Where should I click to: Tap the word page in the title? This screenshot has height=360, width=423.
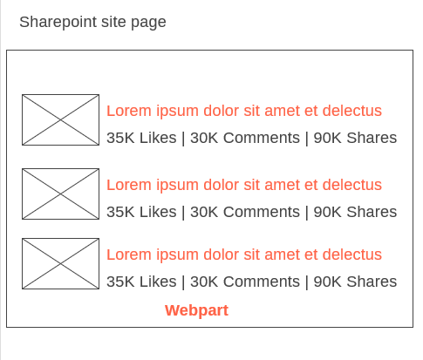(148, 24)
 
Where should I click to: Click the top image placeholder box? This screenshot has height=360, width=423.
(60, 119)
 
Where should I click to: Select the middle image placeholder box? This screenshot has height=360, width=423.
(60, 194)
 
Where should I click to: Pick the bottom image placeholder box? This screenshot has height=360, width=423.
(60, 263)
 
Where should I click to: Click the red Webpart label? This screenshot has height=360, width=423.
(196, 310)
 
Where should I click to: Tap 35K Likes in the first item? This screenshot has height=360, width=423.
(141, 138)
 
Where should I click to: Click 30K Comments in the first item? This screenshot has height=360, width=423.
(245, 138)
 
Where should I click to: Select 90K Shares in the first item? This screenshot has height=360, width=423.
(355, 138)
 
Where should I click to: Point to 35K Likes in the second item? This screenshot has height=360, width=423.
(141, 212)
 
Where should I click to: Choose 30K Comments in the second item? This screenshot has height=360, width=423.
(245, 212)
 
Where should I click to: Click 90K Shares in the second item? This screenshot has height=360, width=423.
(355, 212)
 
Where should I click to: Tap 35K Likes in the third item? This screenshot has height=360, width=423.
(141, 282)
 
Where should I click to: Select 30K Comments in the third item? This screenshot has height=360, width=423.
(245, 282)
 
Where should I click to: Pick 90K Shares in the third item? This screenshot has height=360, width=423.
(355, 282)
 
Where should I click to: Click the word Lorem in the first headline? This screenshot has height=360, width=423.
(129, 111)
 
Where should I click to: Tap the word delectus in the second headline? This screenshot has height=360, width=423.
(352, 185)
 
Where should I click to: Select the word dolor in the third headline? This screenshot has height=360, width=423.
(222, 255)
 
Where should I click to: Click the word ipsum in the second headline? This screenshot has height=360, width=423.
(177, 186)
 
